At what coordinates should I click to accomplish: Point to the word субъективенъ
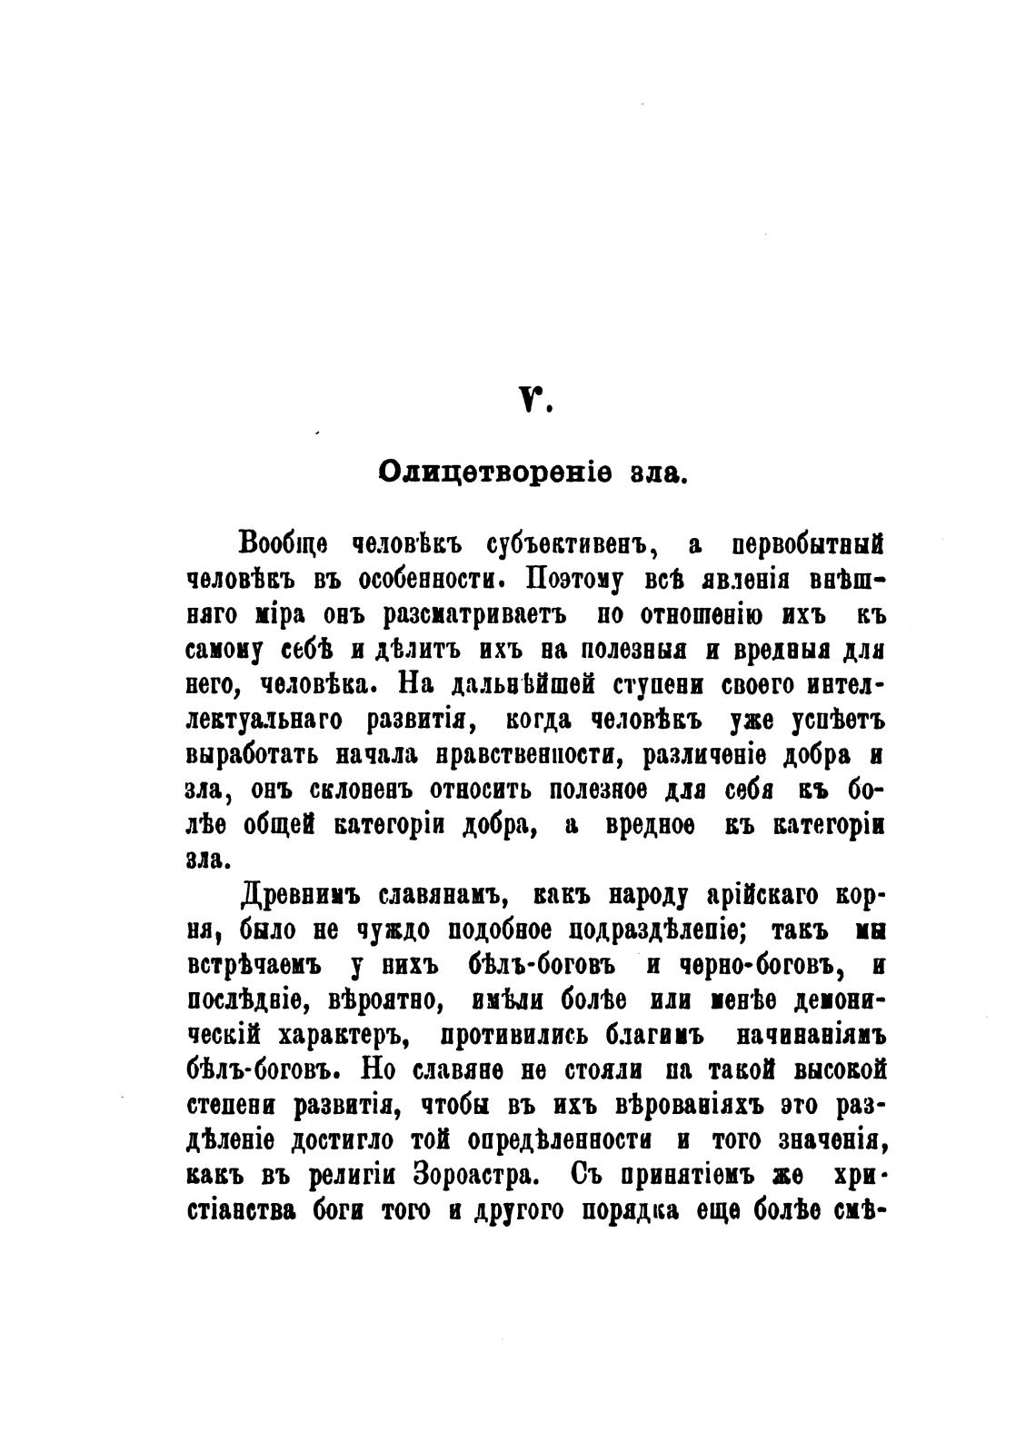coord(566,545)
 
